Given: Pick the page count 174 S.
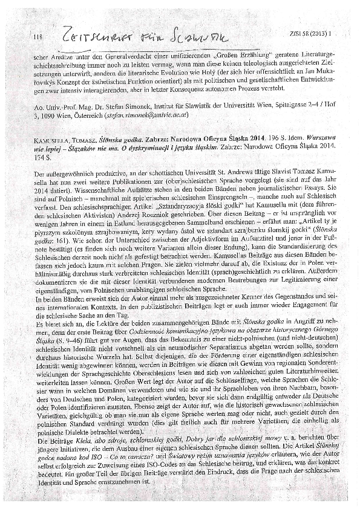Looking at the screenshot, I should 38,156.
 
